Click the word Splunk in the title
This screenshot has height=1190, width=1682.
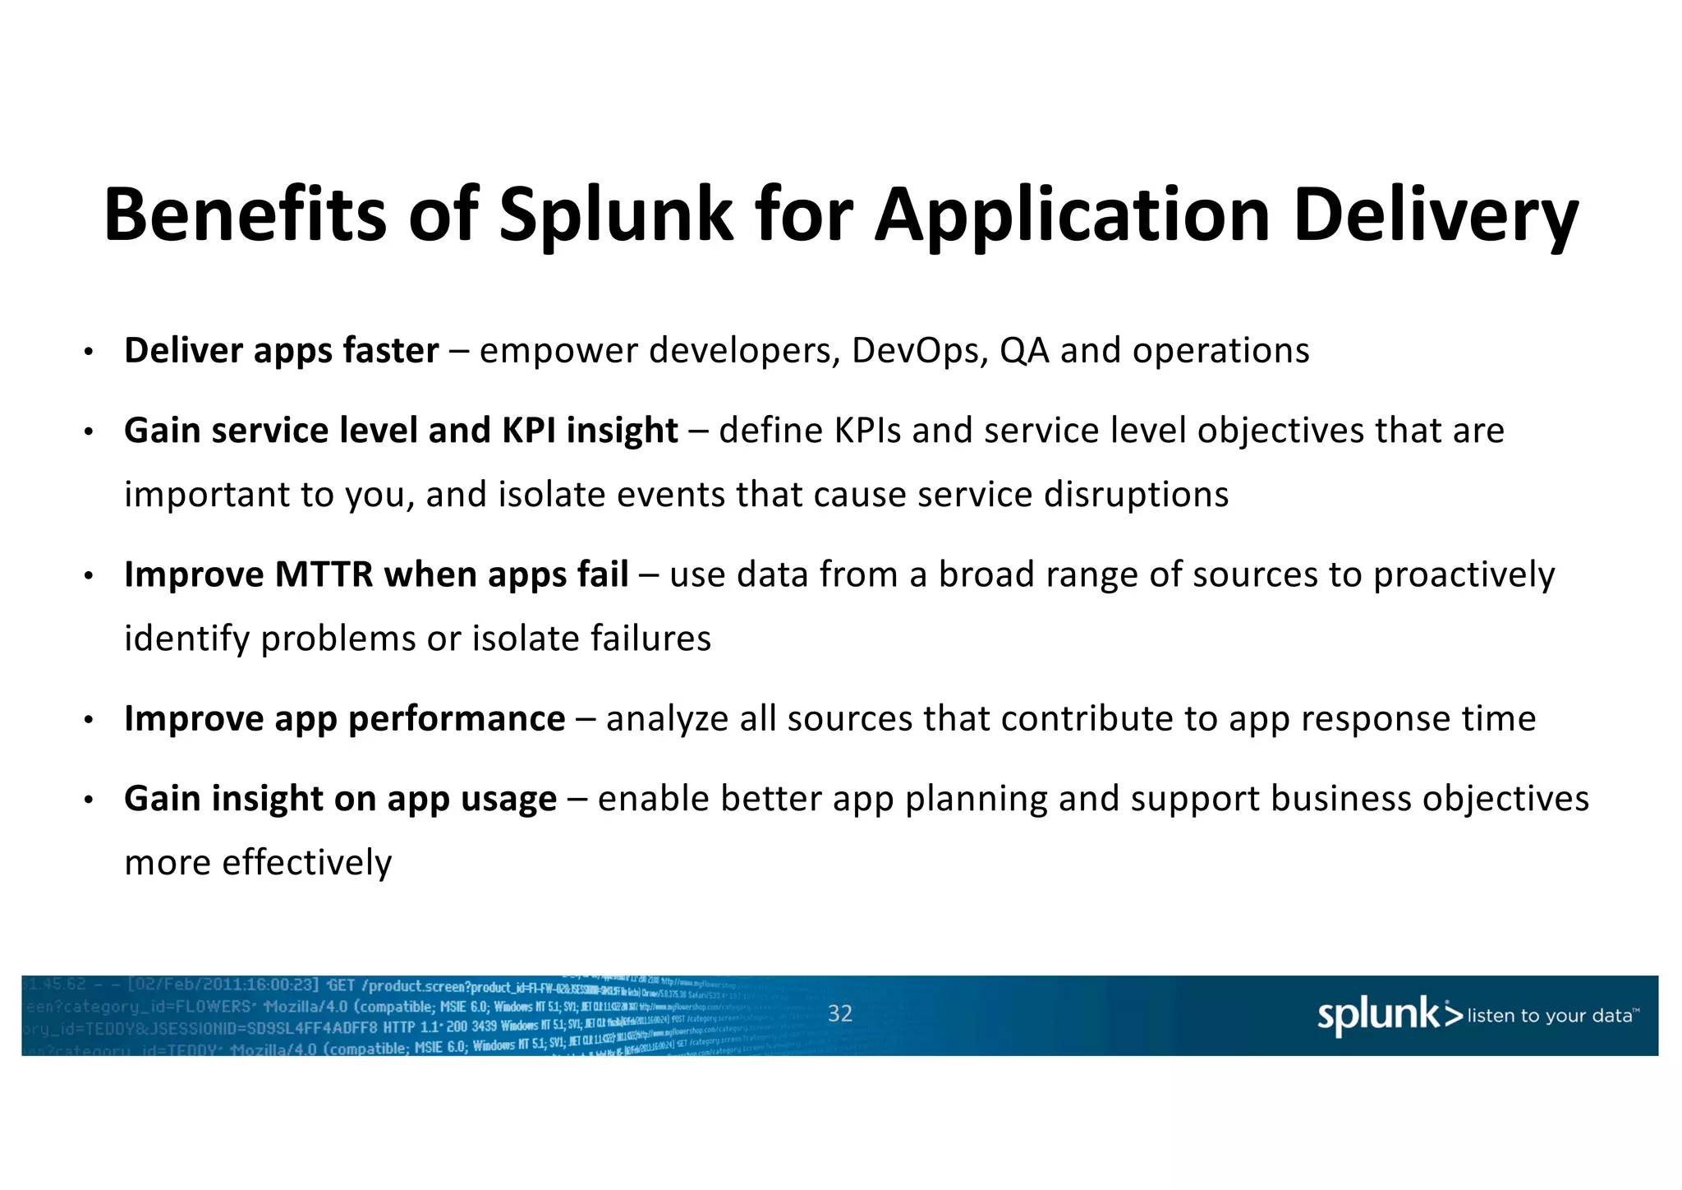click(x=616, y=215)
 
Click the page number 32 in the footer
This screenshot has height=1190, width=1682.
click(x=839, y=1013)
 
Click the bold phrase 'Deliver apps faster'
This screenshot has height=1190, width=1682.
click(x=281, y=351)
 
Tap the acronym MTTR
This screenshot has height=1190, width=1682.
click(x=324, y=574)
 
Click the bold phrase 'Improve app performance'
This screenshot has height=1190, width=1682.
click(x=344, y=718)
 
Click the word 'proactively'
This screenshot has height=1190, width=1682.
click(x=1464, y=574)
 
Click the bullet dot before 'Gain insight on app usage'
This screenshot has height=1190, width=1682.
click(x=89, y=800)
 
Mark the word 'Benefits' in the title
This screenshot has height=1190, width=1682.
click(x=245, y=215)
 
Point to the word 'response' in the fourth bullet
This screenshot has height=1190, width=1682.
click(x=1375, y=718)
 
